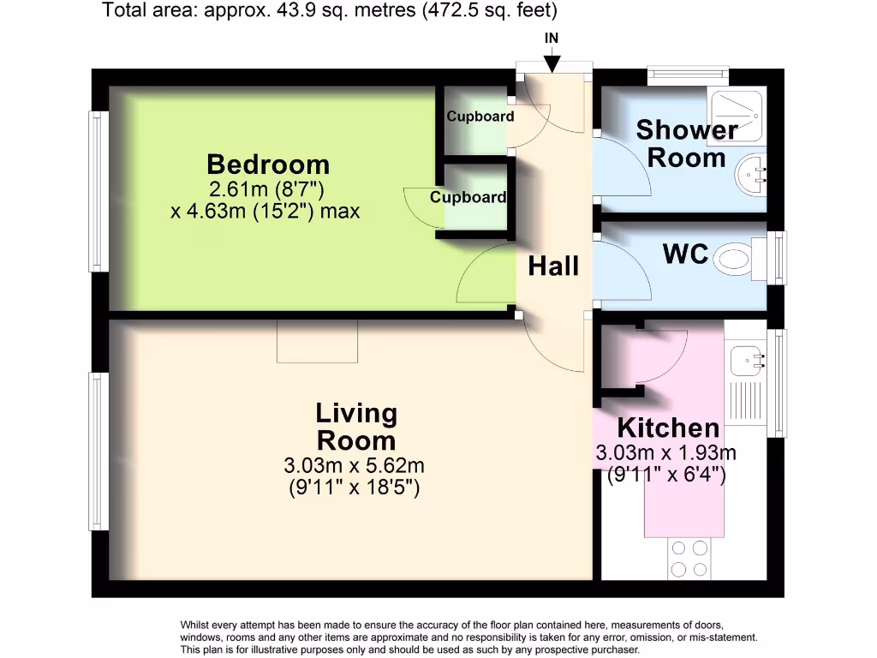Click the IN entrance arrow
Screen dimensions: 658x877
point(552,62)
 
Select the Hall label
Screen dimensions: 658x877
point(553,266)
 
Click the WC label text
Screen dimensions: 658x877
point(685,254)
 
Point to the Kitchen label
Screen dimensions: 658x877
point(668,428)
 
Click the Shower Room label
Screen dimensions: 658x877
point(687,144)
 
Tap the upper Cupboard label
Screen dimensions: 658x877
point(480,117)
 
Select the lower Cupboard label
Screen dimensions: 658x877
point(468,197)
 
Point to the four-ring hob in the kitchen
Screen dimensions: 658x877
point(690,558)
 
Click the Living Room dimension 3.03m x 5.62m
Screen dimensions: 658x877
point(354,466)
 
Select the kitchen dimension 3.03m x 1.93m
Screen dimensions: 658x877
point(666,453)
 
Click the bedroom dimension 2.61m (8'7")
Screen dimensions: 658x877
point(265,189)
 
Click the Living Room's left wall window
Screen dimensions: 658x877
point(99,451)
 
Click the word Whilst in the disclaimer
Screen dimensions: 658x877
point(198,625)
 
